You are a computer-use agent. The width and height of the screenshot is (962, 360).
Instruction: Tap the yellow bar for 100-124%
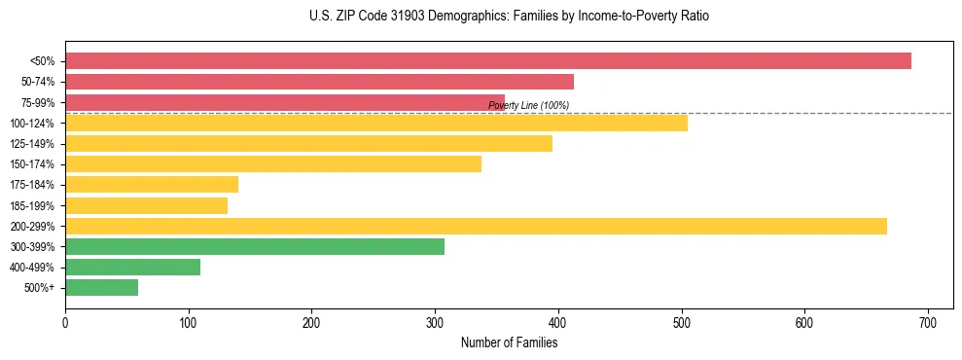pyautogui.click(x=375, y=123)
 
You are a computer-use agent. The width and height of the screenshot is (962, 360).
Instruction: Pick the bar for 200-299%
pyautogui.click(x=476, y=226)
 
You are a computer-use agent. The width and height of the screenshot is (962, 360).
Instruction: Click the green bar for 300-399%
pyautogui.click(x=254, y=246)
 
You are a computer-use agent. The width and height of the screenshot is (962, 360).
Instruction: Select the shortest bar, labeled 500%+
pyautogui.click(x=101, y=287)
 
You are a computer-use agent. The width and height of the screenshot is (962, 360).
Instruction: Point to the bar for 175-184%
pyautogui.click(x=151, y=184)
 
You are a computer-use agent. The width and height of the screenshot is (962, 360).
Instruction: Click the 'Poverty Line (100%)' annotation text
pyautogui.click(x=528, y=105)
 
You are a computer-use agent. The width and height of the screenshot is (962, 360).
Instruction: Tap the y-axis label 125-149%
pyautogui.click(x=32, y=144)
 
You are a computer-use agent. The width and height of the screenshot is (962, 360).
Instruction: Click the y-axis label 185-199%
pyautogui.click(x=32, y=205)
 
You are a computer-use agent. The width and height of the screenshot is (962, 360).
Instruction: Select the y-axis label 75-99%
pyautogui.click(x=37, y=102)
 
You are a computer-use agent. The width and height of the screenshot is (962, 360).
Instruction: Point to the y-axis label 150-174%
pyautogui.click(x=32, y=164)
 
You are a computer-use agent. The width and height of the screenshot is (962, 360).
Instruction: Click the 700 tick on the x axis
pyautogui.click(x=928, y=321)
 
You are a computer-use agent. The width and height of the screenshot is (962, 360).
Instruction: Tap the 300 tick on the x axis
pyautogui.click(x=435, y=321)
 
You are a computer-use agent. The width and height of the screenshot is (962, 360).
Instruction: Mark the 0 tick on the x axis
pyautogui.click(x=65, y=321)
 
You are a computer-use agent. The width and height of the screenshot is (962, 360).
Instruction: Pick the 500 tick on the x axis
pyautogui.click(x=681, y=321)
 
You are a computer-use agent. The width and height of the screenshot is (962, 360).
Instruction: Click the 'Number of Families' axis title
pyautogui.click(x=509, y=342)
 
